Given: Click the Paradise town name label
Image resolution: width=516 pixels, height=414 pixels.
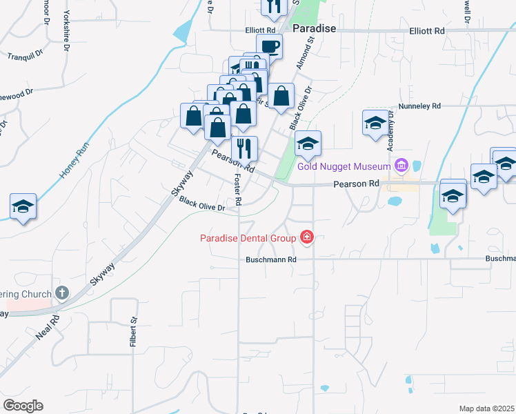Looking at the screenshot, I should [x=314, y=29].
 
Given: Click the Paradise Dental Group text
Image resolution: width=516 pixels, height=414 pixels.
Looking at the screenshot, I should [x=248, y=239].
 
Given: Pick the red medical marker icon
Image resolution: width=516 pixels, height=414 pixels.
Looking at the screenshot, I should [x=306, y=238].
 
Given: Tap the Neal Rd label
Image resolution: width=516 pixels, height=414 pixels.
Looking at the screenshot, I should [x=48, y=330].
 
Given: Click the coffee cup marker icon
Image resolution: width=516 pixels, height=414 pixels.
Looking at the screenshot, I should [x=270, y=47].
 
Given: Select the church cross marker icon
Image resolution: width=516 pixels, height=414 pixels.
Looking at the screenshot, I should [x=62, y=293].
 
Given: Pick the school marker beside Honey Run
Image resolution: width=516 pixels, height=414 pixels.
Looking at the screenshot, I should [x=23, y=206].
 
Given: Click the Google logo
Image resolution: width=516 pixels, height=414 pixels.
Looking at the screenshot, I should [x=23, y=406].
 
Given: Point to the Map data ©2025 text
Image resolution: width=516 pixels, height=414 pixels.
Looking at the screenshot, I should [x=486, y=408].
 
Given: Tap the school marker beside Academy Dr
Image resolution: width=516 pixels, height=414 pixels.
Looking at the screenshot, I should [x=375, y=123].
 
